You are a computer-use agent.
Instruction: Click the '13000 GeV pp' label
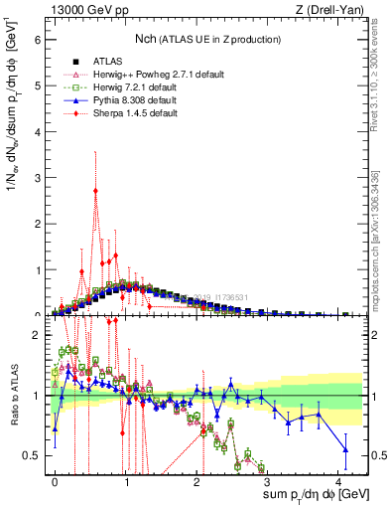point(87,9)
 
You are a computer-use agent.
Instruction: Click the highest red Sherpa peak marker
point(95,191)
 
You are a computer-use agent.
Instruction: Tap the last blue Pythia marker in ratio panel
point(345,449)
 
